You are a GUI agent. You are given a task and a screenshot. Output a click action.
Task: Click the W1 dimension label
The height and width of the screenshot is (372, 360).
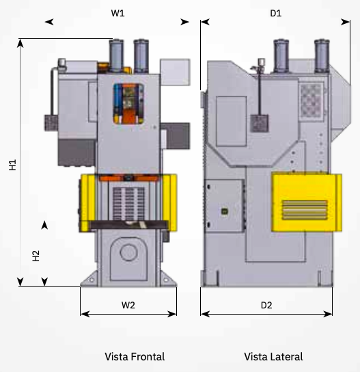(117, 13)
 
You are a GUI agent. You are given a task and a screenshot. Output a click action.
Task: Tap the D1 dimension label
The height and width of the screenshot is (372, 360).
(276, 13)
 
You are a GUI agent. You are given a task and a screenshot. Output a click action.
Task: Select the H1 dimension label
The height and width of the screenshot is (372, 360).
(12, 165)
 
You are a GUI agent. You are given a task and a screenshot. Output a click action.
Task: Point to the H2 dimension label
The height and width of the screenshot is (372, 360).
(36, 256)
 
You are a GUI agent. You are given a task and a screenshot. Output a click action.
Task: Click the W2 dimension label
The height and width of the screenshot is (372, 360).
(128, 305)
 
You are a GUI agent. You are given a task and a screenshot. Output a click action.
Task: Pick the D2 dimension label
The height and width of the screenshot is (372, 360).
(266, 305)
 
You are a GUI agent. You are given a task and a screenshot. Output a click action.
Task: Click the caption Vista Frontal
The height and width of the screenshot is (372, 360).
(135, 356)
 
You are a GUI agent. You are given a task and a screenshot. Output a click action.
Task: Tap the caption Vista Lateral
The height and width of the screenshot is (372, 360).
(273, 356)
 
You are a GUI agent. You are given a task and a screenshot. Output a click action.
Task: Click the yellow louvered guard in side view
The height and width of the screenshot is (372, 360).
(307, 202)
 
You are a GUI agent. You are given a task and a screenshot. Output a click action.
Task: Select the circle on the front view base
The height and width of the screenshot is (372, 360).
(128, 252)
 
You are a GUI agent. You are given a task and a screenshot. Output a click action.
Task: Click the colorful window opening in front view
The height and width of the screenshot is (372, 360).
(128, 104)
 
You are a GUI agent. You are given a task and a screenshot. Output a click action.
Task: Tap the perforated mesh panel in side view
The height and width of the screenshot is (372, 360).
(311, 100)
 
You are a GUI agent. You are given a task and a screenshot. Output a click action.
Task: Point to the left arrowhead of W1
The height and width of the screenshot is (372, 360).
(49, 22)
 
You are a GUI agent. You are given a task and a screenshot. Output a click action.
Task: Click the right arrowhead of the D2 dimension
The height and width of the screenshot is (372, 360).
(328, 314)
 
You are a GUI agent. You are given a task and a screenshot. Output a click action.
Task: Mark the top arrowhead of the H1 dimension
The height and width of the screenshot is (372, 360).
(20, 43)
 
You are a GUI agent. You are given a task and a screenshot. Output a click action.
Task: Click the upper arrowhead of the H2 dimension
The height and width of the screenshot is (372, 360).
(44, 226)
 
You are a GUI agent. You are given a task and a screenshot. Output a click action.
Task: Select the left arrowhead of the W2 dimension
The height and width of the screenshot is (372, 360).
(85, 314)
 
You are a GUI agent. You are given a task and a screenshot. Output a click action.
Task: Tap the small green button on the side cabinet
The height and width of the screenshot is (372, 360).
(225, 211)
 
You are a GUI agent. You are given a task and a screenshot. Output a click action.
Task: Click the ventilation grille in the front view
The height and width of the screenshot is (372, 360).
(128, 204)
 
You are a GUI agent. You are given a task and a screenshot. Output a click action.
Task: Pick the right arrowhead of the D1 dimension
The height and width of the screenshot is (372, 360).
(346, 22)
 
